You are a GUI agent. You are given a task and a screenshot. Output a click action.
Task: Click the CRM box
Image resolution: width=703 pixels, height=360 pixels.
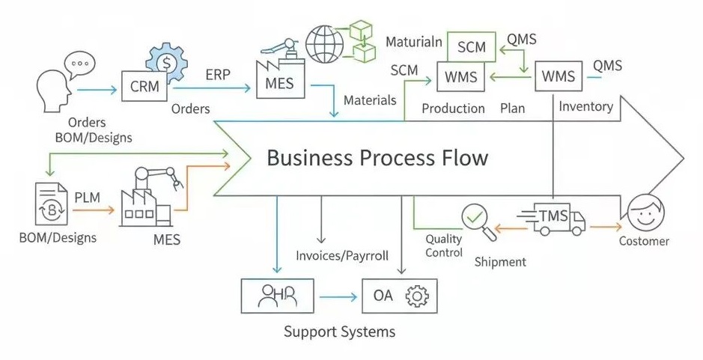click(144, 86)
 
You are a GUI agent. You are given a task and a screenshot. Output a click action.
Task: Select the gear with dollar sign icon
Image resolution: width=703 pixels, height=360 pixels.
click(168, 60)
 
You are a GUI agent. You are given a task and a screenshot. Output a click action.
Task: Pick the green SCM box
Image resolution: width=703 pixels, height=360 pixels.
click(471, 47)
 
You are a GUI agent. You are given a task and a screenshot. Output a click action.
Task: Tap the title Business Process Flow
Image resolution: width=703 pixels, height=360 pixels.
click(377, 158)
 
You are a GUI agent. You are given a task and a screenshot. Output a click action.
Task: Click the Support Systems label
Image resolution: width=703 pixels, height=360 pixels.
click(339, 331)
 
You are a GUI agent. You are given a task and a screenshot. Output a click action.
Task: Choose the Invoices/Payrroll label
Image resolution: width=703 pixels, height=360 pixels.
click(342, 255)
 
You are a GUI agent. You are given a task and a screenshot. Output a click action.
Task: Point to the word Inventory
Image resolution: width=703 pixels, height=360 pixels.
click(585, 106)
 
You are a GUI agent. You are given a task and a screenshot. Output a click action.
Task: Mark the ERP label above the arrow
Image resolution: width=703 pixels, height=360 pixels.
click(218, 74)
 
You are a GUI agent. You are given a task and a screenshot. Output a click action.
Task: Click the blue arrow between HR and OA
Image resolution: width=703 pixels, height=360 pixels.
click(338, 298)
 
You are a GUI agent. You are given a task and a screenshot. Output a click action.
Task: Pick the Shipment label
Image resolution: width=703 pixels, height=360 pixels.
click(500, 262)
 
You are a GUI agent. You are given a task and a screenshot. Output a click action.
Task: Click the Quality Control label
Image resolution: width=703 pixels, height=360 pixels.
click(444, 245)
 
